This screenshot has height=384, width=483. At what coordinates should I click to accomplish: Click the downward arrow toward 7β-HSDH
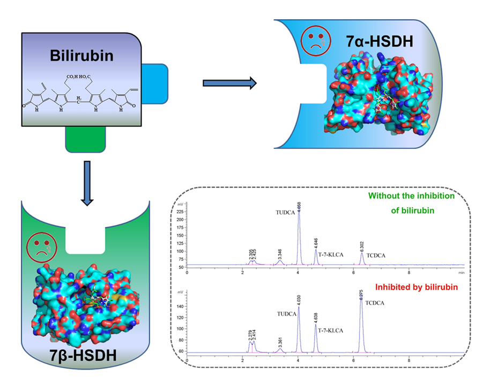86,182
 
